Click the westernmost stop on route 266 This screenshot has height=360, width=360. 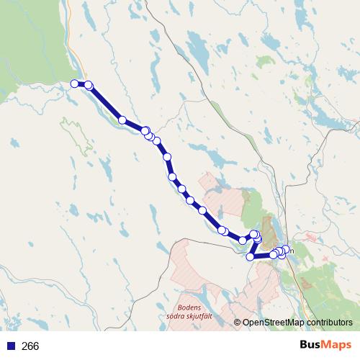pyautogui.click(x=74, y=84)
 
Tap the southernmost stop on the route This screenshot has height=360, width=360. pyautogui.click(x=251, y=256)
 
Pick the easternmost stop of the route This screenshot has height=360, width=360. pyautogui.click(x=287, y=249)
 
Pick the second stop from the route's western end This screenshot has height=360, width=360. pyautogui.click(x=89, y=85)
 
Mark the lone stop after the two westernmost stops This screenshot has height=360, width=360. pyautogui.click(x=122, y=120)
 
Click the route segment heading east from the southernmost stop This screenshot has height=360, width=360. pyautogui.click(x=262, y=255)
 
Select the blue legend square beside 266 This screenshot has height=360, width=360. pyautogui.click(x=10, y=346)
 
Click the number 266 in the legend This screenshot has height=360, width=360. pyautogui.click(x=30, y=346)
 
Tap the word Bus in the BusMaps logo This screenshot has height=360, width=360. pyautogui.click(x=311, y=346)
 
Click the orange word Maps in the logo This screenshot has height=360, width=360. pyautogui.click(x=336, y=346)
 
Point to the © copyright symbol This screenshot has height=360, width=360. pyautogui.click(x=237, y=323)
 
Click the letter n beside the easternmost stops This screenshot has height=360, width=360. pyautogui.click(x=291, y=250)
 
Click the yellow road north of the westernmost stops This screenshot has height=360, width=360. pyautogui.click(x=71, y=43)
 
